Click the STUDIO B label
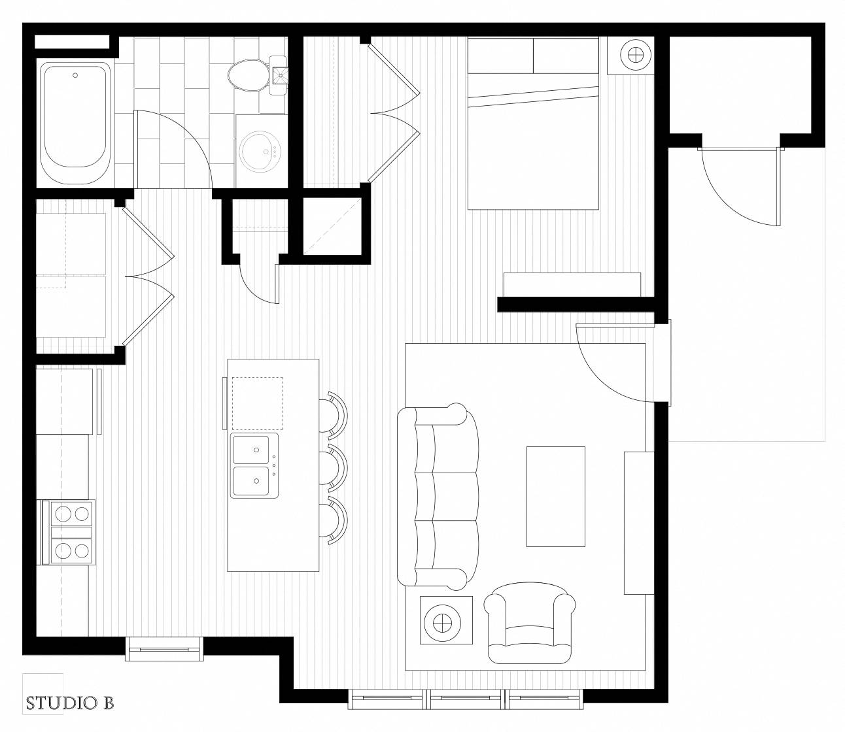click(x=70, y=703)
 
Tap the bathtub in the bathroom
click(x=75, y=123)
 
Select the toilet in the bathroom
click(x=249, y=75)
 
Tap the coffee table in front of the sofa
click(x=556, y=496)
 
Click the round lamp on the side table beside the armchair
click(x=444, y=620)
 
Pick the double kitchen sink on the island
click(x=254, y=466)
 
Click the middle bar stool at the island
click(x=335, y=467)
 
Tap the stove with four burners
click(x=69, y=531)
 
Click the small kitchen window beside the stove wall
click(x=164, y=648)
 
